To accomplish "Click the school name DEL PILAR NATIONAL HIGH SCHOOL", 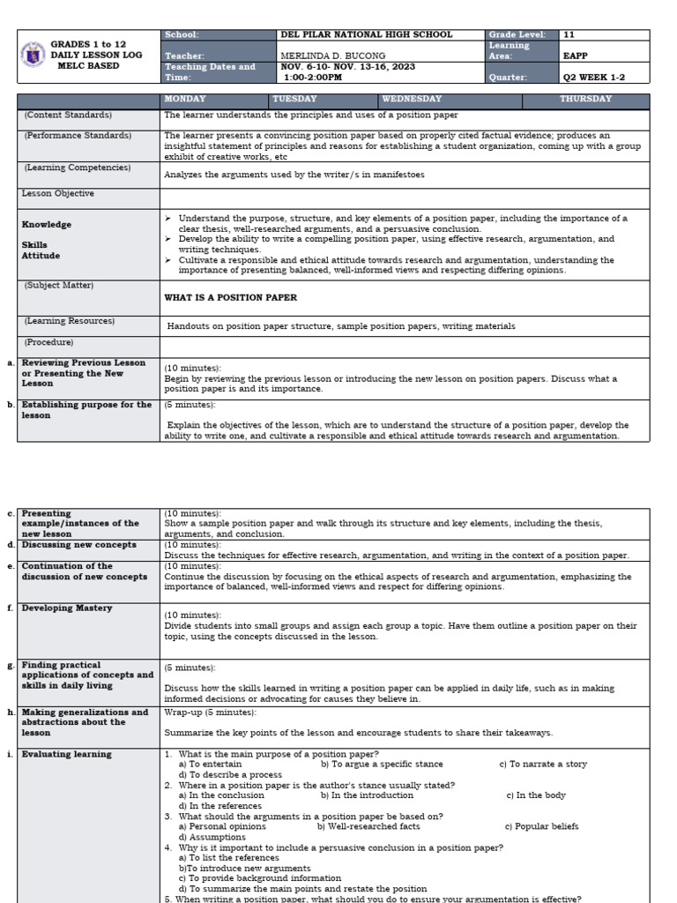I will pos(366,35).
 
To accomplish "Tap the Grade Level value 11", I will pos(569,35).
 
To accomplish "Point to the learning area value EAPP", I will pos(576,56).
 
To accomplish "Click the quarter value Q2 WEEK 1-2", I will pos(594,78).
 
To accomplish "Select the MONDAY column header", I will pos(185,100).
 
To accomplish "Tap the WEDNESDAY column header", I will pos(412,100).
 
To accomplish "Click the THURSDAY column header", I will pos(585,100).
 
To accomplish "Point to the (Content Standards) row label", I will pos(68,116).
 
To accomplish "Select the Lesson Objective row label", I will pos(58,193).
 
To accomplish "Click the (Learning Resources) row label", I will pos(70,322).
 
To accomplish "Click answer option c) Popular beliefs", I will pos(541,827).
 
